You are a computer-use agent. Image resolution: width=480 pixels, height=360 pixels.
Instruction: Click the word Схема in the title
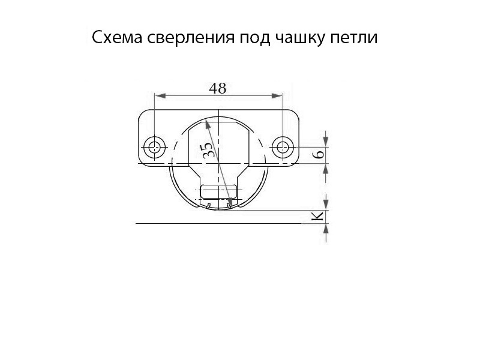(117, 38)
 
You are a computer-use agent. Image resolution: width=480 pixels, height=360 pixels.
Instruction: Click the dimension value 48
(218, 88)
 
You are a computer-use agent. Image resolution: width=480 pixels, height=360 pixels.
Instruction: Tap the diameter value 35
(208, 149)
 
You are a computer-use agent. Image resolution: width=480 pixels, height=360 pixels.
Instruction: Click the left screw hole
(155, 148)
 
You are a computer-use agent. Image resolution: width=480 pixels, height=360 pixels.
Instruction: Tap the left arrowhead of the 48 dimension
(161, 96)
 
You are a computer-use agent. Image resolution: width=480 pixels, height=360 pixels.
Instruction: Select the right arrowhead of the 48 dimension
(277, 96)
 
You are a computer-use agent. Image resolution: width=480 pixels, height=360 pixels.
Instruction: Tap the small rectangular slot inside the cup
(218, 191)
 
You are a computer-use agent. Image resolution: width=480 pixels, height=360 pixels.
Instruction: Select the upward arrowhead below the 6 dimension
(326, 169)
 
